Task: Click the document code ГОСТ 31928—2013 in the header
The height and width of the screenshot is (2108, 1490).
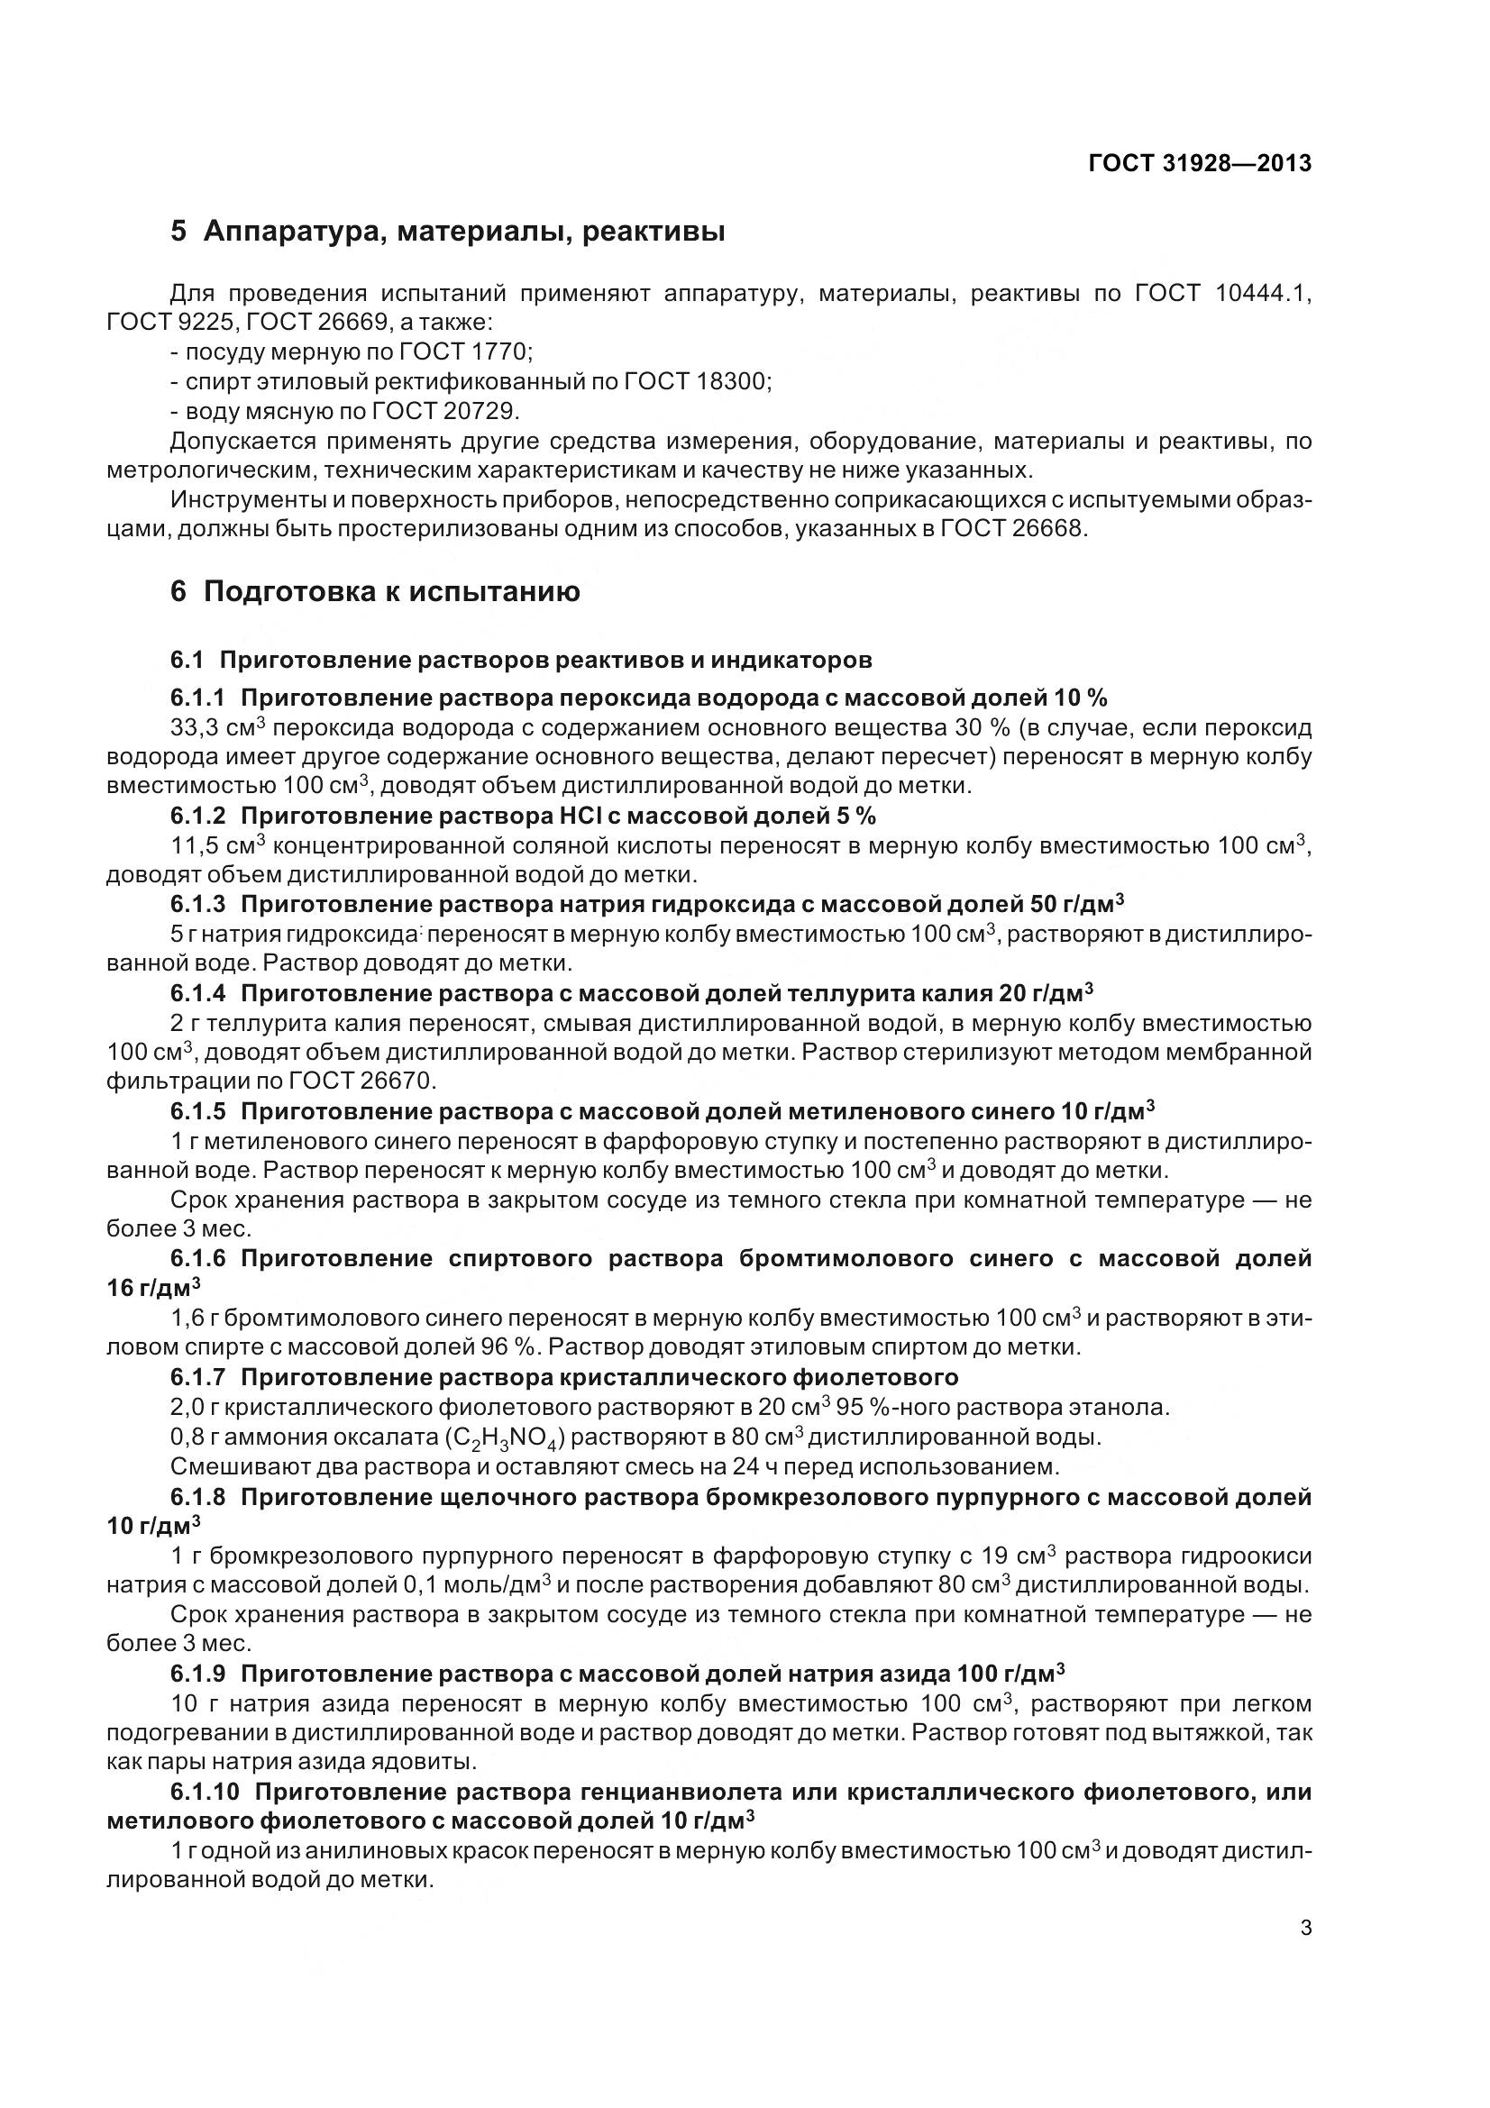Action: [1199, 163]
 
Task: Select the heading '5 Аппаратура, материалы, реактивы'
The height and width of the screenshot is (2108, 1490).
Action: [447, 232]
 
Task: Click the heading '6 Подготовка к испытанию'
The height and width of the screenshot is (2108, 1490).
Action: [375, 592]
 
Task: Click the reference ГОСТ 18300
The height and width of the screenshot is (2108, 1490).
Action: [697, 381]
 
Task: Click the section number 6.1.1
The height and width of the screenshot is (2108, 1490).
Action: [197, 698]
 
